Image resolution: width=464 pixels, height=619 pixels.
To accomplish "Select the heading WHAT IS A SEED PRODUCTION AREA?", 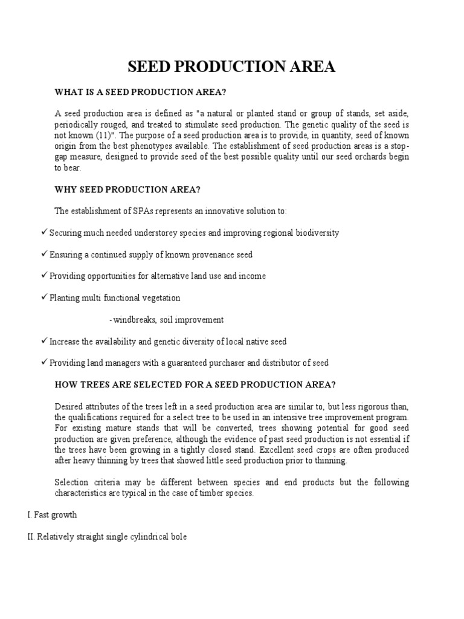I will coord(140,92).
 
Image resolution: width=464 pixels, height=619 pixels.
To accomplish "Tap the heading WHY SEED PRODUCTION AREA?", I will coord(127,189).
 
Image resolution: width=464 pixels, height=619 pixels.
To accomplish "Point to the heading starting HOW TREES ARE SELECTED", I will coord(195,384).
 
